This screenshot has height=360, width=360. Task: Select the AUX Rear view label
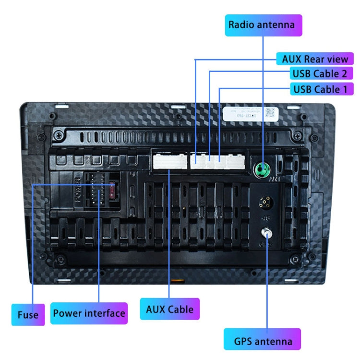(314, 60)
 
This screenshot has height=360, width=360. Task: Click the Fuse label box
(28, 315)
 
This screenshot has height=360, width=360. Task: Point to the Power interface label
(89, 313)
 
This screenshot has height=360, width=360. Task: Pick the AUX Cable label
(169, 309)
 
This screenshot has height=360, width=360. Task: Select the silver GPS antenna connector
(265, 234)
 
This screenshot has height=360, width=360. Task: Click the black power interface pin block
(96, 192)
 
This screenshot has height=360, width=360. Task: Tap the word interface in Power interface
(104, 313)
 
